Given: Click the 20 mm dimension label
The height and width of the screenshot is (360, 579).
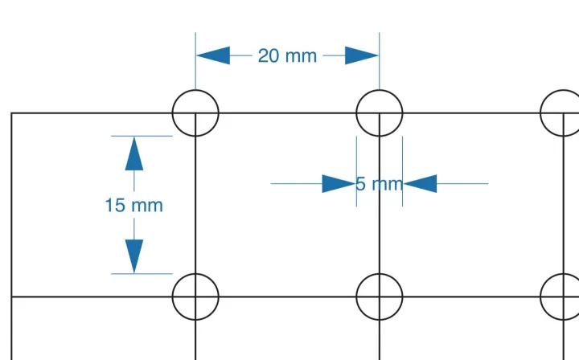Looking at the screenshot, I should pyautogui.click(x=287, y=55).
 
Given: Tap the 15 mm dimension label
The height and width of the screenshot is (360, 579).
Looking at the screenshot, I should pyautogui.click(x=133, y=205).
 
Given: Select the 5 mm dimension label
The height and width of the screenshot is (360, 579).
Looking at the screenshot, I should pyautogui.click(x=379, y=184).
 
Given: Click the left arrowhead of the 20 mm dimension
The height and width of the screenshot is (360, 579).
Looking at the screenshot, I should pyautogui.click(x=212, y=55).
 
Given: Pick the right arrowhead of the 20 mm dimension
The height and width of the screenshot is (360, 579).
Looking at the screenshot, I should pyautogui.click(x=362, y=55).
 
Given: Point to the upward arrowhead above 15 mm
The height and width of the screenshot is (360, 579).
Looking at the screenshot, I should pyautogui.click(x=133, y=153).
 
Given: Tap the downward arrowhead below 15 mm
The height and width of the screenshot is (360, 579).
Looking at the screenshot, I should pyautogui.click(x=133, y=256).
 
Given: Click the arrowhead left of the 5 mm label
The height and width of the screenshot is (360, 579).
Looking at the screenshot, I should pyautogui.click(x=339, y=184).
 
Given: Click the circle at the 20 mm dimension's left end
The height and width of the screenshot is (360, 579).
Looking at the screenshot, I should pyautogui.click(x=195, y=113).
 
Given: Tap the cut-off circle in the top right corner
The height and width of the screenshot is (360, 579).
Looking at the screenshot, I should pyautogui.click(x=561, y=113).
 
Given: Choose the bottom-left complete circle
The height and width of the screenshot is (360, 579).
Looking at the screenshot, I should pyautogui.click(x=195, y=297).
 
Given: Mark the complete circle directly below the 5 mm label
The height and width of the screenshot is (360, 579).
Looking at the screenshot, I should pyautogui.click(x=380, y=297).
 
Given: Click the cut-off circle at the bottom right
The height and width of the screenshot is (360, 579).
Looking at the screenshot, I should pyautogui.click(x=561, y=297).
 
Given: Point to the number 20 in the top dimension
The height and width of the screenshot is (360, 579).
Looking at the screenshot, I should pyautogui.click(x=269, y=55).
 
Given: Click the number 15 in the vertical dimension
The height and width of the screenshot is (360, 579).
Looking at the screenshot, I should pyautogui.click(x=114, y=205).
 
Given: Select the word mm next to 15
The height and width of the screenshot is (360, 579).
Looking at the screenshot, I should pyautogui.click(x=146, y=205).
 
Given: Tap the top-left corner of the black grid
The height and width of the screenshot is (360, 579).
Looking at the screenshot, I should pyautogui.click(x=11, y=113).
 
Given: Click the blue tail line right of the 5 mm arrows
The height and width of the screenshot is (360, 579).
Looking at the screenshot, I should pyautogui.click(x=462, y=184).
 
